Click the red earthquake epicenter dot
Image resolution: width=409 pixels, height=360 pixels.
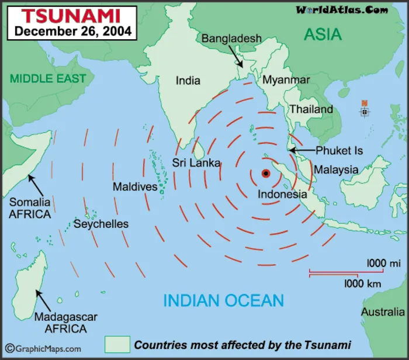tap(265, 173)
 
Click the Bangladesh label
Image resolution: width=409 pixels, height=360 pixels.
tap(232, 39)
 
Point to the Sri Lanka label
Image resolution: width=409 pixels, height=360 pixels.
tap(196, 163)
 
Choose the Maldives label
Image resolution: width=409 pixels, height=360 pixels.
tap(135, 187)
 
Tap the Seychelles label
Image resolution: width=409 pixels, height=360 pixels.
tap(100, 224)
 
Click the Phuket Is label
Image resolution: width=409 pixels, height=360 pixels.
tap(339, 151)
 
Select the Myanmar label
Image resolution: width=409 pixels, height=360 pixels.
tap(286, 79)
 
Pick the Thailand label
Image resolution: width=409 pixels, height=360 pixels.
tap(311, 109)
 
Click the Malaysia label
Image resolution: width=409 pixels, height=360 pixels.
tap(336, 169)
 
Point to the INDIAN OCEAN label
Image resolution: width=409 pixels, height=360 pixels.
tap(224, 301)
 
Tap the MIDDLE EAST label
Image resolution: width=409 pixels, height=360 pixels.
tap(48, 78)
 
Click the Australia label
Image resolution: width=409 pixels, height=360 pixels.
tap(383, 312)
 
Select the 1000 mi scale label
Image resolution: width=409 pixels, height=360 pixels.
tap(384, 264)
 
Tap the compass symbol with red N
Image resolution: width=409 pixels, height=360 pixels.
tap(365, 110)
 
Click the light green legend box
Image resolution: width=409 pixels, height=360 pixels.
tap(117, 344)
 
